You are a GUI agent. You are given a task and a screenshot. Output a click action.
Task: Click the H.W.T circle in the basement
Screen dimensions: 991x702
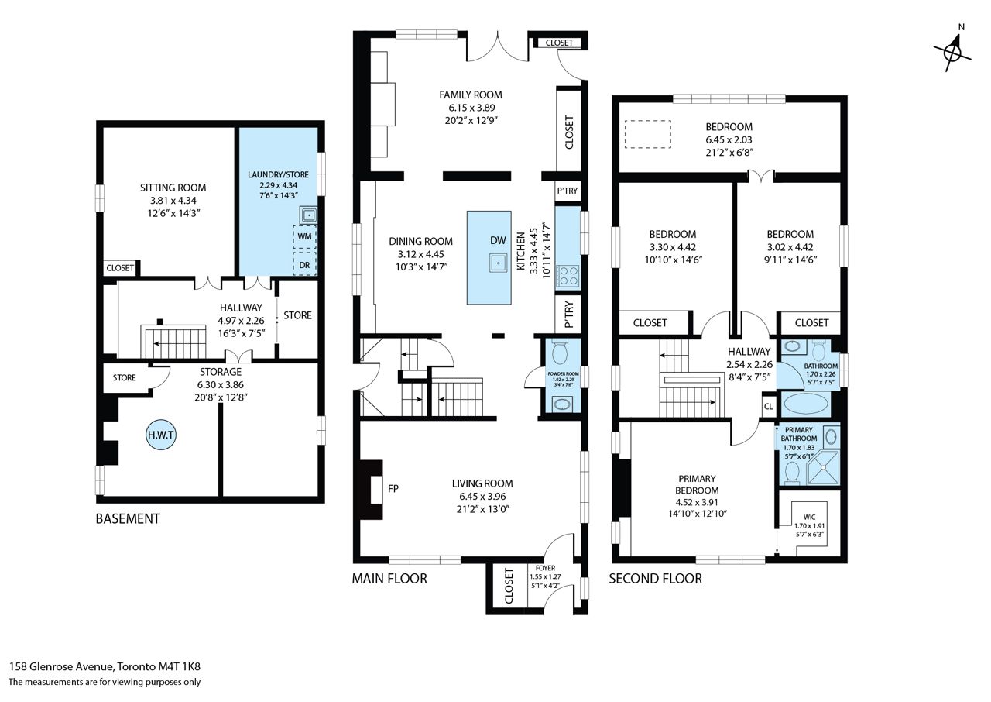160,435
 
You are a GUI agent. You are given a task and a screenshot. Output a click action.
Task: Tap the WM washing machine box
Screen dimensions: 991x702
304,236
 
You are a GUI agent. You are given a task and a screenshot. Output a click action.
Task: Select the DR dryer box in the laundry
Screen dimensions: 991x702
304,265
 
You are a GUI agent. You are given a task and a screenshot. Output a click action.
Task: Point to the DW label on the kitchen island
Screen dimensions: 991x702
498,240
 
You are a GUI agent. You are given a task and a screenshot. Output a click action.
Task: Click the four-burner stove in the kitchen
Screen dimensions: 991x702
568,276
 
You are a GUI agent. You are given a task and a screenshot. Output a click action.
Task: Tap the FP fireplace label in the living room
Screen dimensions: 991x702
393,489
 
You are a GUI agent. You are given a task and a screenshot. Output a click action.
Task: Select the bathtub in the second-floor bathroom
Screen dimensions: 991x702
805,404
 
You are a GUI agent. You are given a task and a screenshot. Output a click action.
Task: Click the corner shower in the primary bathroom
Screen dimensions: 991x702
823,467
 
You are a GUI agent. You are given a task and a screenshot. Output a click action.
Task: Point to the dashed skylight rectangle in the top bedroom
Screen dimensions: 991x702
648,134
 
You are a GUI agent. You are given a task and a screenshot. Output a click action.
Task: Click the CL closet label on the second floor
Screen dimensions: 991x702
769,406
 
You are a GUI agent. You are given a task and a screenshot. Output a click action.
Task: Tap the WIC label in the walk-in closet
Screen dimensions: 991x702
809,517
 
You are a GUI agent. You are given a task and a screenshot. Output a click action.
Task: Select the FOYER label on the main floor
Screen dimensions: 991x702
545,568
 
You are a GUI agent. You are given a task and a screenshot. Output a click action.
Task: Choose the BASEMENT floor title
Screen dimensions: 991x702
128,519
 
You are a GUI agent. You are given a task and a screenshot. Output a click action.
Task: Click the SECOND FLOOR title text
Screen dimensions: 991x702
655,579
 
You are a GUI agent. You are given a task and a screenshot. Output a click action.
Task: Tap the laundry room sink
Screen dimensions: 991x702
308,215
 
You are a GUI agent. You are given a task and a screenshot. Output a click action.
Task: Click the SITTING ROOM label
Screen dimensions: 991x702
173,188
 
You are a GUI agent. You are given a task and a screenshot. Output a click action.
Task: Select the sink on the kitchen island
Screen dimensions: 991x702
498,263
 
